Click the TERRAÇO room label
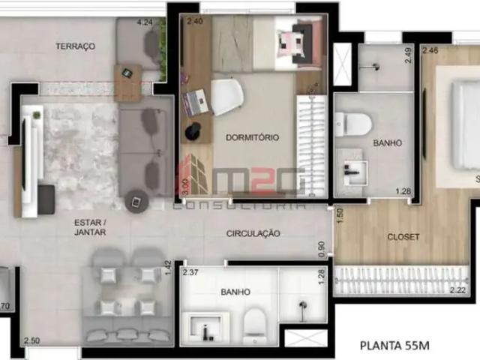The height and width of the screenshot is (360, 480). click(75, 46)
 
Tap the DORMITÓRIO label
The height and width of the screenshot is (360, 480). click(252, 138)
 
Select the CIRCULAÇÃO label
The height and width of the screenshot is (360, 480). click(253, 234)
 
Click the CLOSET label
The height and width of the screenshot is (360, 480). click(403, 237)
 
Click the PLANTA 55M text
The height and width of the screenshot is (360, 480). click(395, 346)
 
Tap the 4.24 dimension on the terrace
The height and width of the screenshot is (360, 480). click(145, 22)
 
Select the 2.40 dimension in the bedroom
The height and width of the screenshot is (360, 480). click(195, 22)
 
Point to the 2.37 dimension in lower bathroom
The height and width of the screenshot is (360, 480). click(190, 272)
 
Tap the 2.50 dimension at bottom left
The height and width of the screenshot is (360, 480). click(31, 341)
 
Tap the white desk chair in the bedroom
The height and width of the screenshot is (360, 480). click(226, 97)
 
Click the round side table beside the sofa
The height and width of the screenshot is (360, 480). click(136, 201)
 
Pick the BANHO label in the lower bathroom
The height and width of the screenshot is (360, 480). click(235, 292)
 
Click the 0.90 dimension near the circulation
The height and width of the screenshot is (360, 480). click(322, 246)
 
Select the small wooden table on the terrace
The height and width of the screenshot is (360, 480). click(127, 73)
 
